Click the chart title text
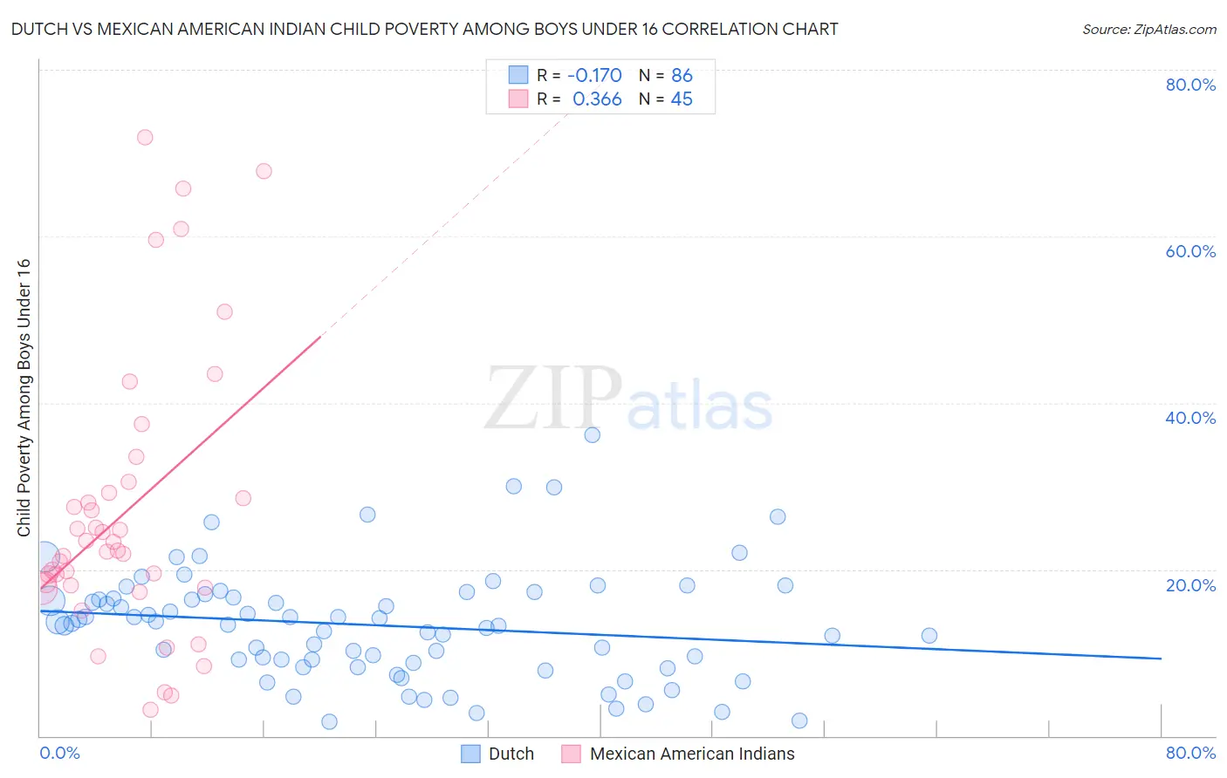pos(424,29)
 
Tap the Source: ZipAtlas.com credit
pos(1148,29)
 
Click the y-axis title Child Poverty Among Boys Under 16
pos(24,398)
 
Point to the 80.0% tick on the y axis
pos(1190,85)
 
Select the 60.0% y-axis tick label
pos(1190,251)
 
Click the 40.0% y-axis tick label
pos(1190,418)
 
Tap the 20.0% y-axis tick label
pos(1190,585)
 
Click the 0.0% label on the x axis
pos(59,753)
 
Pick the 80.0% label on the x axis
pos(1190,753)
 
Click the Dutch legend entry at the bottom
pos(511,754)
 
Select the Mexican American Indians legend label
pos(691,754)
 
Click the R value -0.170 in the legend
pos(594,75)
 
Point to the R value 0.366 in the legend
pos(597,99)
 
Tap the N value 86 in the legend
pos(682,75)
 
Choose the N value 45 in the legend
pos(682,99)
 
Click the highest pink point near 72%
pos(145,137)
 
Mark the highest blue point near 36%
pos(593,434)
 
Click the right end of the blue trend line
pos(1161,659)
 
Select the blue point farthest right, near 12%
pos(929,636)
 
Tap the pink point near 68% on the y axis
pos(264,171)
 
